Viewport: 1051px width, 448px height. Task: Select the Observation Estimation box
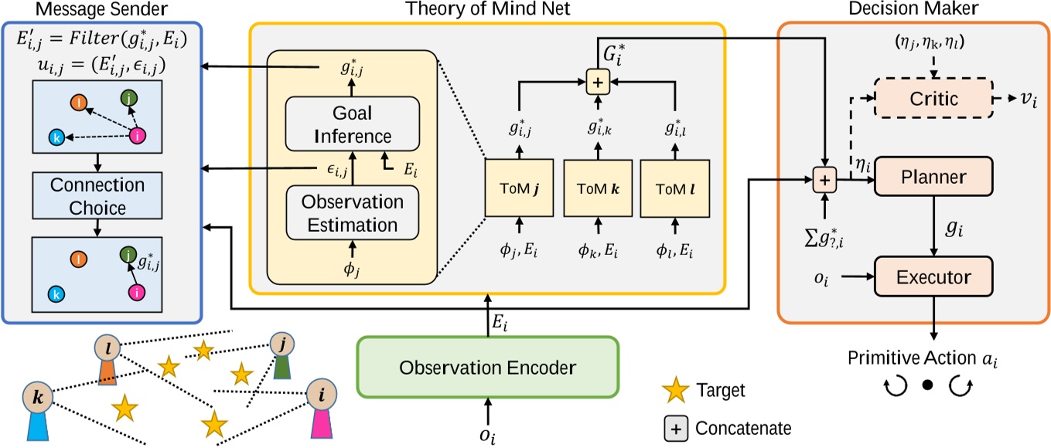click(x=353, y=214)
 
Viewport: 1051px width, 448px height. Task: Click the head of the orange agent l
click(x=108, y=347)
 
